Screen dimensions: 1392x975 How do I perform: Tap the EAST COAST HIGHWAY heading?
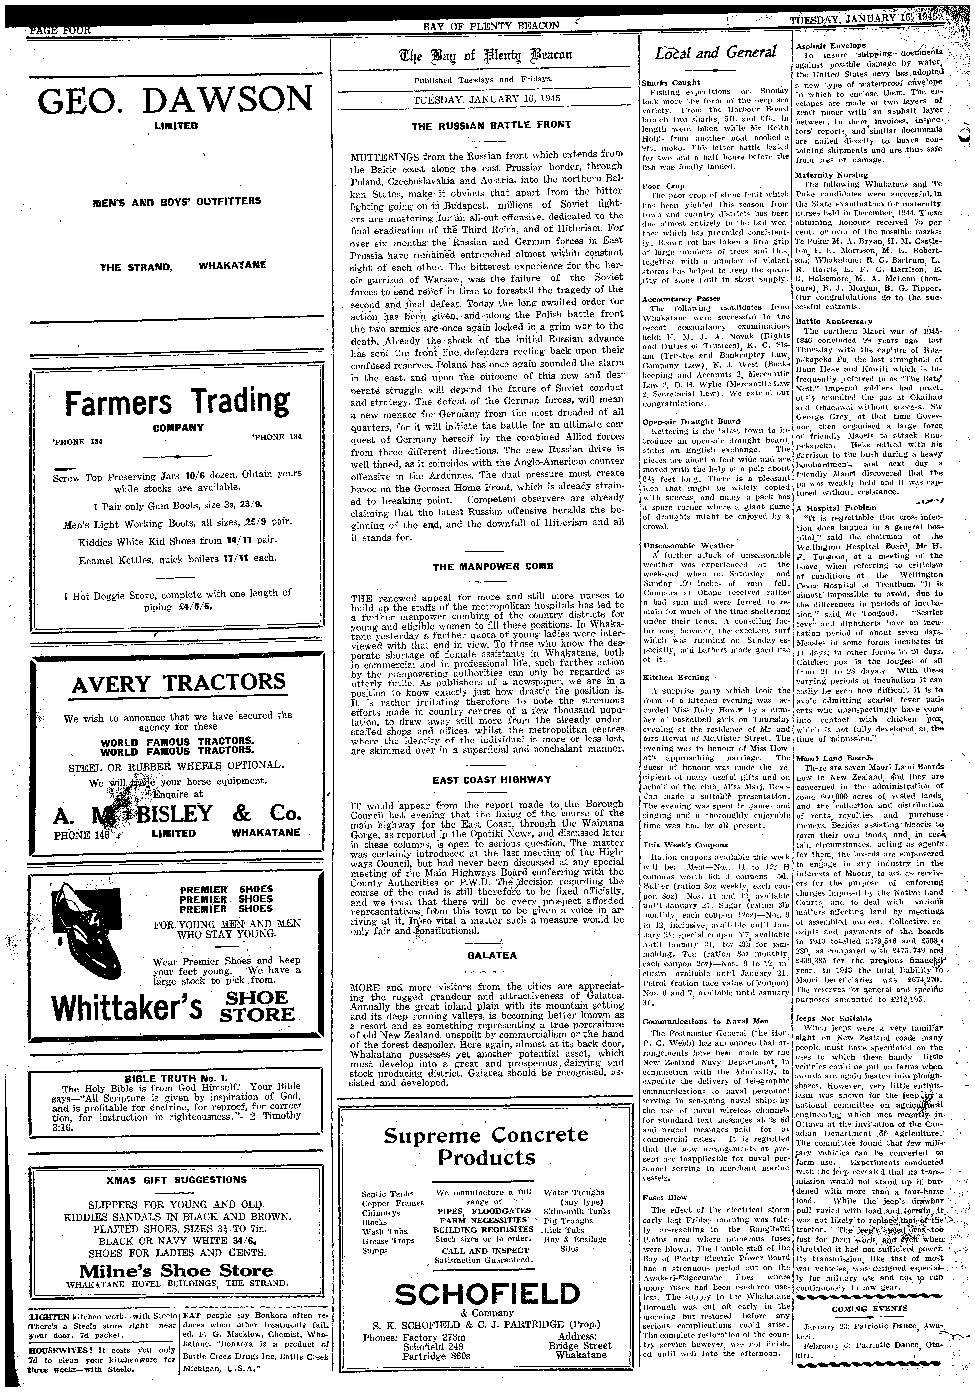coord(492,780)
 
